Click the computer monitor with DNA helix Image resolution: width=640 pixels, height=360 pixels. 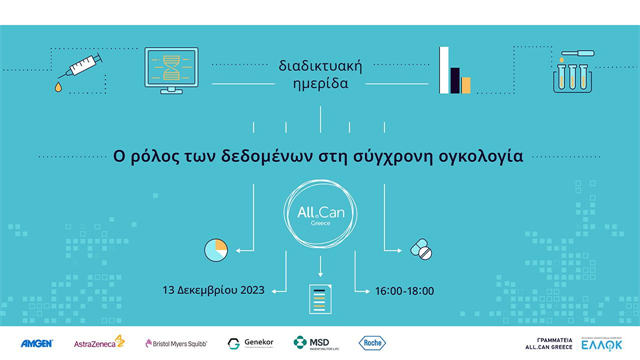171,69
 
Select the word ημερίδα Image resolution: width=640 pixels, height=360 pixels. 320,84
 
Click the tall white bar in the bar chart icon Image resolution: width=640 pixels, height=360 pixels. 444,69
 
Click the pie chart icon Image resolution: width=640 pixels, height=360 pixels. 215,248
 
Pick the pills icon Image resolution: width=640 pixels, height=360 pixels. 421,248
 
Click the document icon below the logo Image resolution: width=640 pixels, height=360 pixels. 319,297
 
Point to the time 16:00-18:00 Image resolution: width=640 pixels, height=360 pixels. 404,291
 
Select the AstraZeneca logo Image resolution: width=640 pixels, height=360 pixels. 99,343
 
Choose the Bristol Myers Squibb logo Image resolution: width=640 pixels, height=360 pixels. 176,343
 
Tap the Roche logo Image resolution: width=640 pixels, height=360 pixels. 372,343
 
